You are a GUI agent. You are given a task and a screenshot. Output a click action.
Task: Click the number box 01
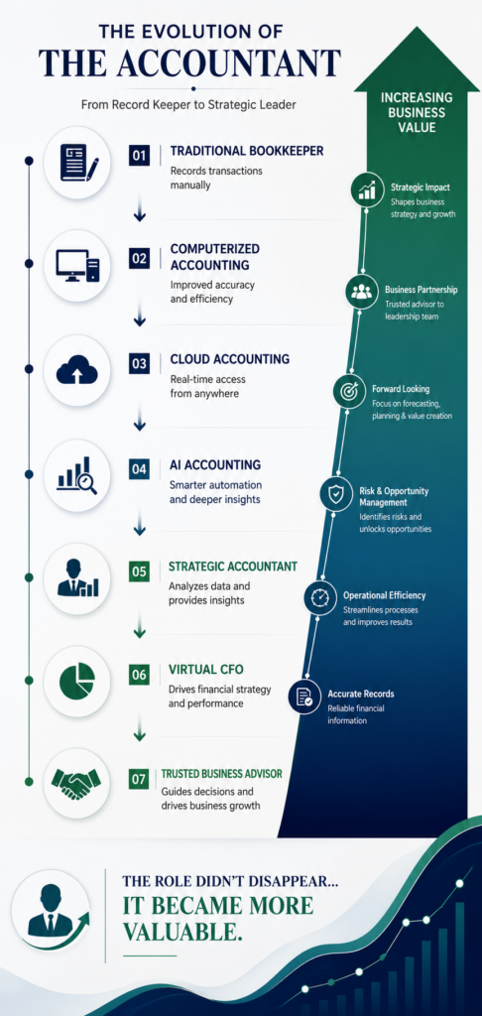click(140, 156)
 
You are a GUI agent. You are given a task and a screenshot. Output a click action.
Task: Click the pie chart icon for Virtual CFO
click(76, 681)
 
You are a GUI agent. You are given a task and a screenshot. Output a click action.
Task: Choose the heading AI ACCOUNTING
click(206, 464)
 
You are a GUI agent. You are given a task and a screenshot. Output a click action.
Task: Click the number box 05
click(140, 571)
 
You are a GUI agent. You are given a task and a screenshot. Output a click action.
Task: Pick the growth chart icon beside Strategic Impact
click(367, 190)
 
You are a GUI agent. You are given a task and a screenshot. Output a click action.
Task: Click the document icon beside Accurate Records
click(304, 697)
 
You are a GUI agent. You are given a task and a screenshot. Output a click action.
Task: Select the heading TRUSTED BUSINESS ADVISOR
click(221, 774)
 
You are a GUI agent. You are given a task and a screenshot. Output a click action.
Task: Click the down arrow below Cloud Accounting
click(139, 424)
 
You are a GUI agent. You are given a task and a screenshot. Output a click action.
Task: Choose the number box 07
click(140, 779)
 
